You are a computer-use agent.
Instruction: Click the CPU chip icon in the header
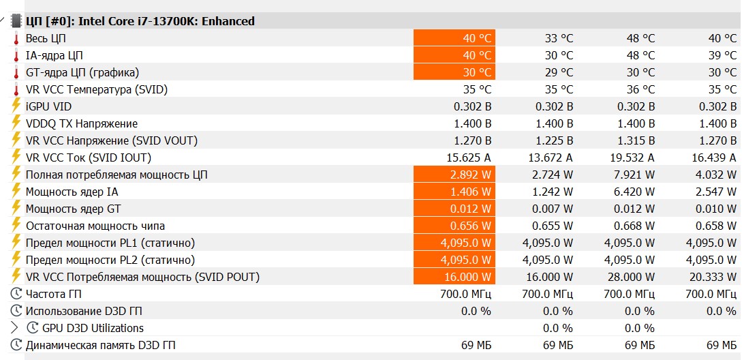(16, 21)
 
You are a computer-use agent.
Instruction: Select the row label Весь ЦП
(46, 38)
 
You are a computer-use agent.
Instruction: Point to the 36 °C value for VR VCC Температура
(640, 89)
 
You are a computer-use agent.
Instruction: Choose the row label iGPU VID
(48, 106)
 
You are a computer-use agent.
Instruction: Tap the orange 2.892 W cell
(454, 175)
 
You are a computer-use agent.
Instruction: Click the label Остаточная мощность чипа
(95, 226)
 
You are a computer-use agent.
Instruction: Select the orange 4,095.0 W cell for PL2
(454, 260)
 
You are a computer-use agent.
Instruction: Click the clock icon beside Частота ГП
(16, 294)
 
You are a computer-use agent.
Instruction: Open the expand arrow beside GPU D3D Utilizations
(14, 328)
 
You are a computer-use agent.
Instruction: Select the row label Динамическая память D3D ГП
(100, 345)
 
